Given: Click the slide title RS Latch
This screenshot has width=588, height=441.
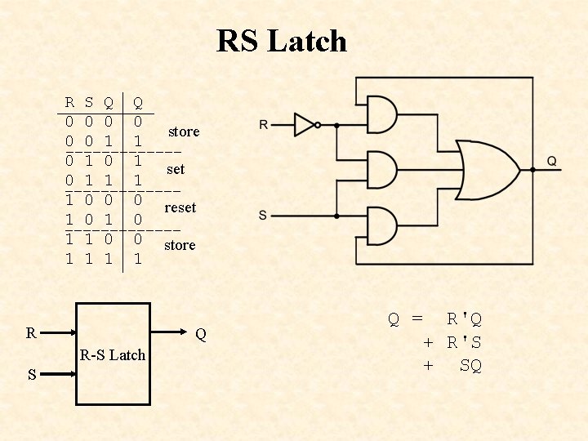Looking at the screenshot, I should (x=282, y=41).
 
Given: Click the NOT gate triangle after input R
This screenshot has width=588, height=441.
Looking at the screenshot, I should (x=304, y=125).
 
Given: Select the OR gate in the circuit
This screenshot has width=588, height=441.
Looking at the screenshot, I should (x=487, y=170).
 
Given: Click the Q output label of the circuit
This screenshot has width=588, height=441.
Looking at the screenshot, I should (x=552, y=162).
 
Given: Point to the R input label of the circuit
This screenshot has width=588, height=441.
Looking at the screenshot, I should (x=263, y=125).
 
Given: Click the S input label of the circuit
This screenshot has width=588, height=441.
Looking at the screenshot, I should (x=262, y=215).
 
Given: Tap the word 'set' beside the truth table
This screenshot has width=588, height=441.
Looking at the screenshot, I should (x=176, y=170).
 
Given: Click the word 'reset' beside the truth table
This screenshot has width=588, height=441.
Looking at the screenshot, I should (x=180, y=207).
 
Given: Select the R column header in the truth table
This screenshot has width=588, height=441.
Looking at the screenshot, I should (x=69, y=103).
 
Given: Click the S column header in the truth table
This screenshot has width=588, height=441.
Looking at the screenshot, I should (x=89, y=103).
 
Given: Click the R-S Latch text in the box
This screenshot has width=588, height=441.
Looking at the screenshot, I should (x=113, y=354).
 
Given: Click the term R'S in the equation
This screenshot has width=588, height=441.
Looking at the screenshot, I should (x=464, y=342).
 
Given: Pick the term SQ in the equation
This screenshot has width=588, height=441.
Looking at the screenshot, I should (x=470, y=366).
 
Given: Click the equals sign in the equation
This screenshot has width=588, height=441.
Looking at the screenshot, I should (x=417, y=318).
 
